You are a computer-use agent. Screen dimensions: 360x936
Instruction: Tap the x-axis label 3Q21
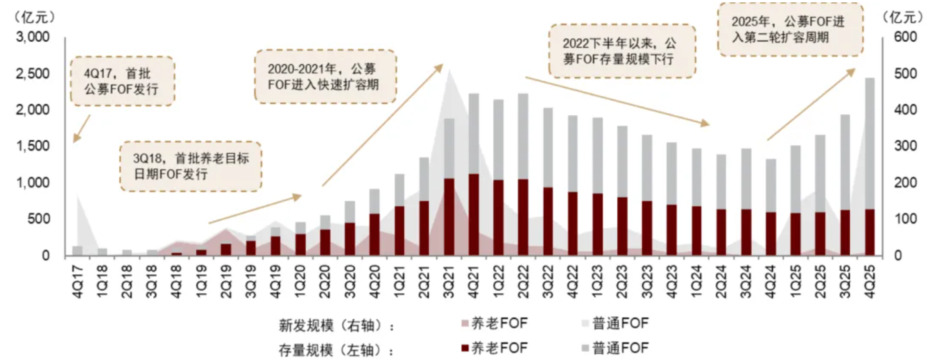coord(449,282)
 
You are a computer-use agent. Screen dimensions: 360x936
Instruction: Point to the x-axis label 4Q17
coord(78,282)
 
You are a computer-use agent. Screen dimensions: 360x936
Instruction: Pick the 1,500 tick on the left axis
coord(33,146)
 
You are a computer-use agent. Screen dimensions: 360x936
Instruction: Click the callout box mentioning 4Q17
coord(123,81)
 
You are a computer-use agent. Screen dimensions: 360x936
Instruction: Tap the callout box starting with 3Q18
coord(190,166)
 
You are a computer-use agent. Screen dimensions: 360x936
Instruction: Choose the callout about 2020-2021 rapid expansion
coord(325,77)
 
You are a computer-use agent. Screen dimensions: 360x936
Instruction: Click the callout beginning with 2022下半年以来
coord(622,51)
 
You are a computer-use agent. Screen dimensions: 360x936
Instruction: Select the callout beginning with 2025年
coord(790,29)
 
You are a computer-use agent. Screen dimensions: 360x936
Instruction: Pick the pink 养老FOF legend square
coord(464,324)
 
